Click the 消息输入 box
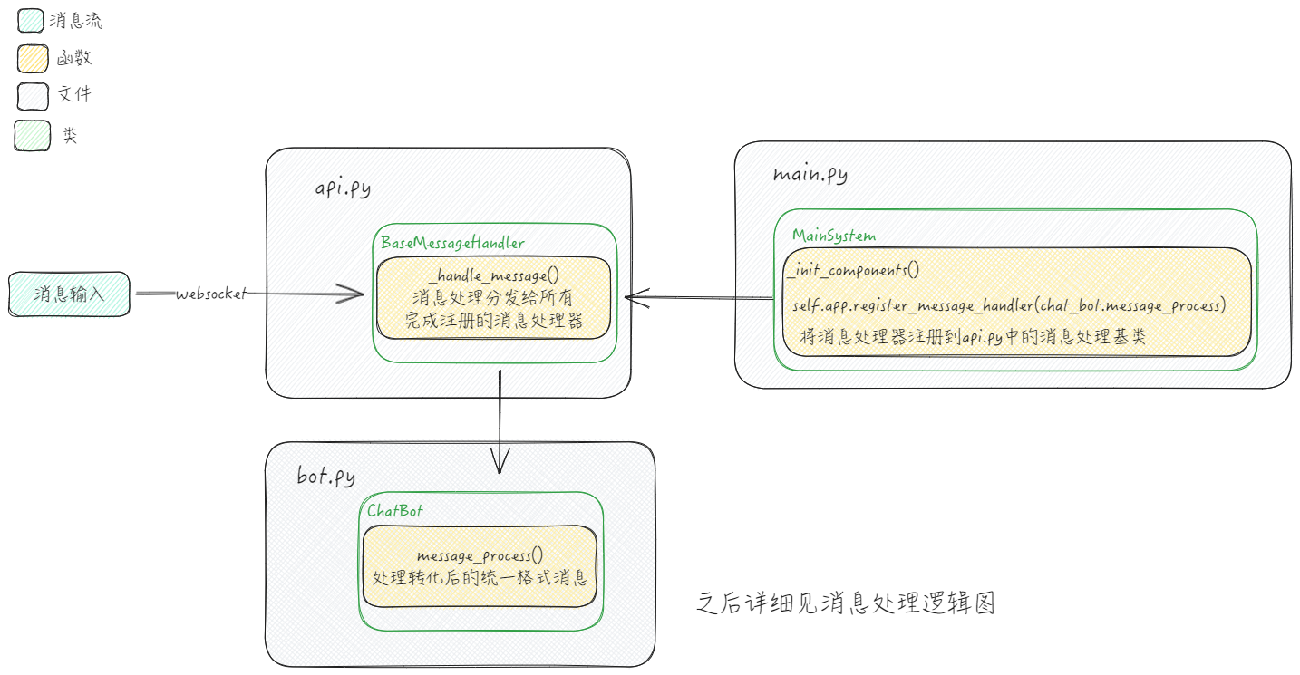(69, 294)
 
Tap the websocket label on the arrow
(210, 294)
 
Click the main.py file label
(810, 174)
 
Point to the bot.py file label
(326, 476)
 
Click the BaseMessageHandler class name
(452, 243)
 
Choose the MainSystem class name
(834, 236)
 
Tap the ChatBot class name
(394, 510)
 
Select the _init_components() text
(852, 270)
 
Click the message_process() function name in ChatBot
(480, 555)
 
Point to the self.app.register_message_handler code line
(1009, 305)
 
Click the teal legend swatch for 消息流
(33, 21)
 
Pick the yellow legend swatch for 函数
(33, 59)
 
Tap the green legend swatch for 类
(33, 135)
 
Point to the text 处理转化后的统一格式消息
(480, 578)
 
